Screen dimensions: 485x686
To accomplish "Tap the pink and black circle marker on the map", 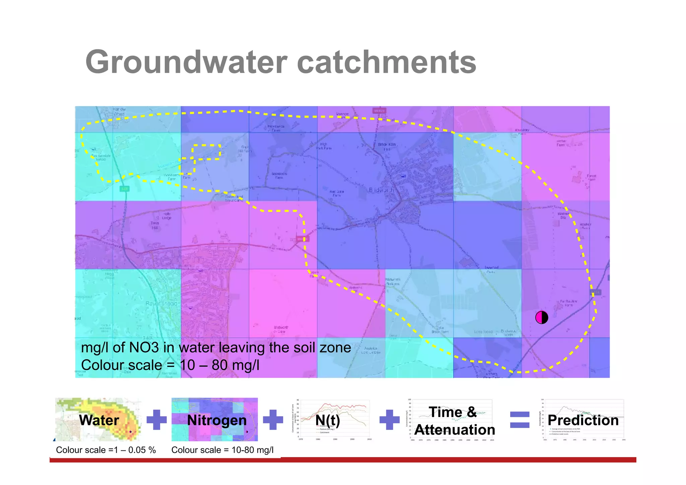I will (x=541, y=317).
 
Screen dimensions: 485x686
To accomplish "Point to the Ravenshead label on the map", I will (x=161, y=304).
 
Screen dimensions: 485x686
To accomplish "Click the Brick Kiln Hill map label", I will (x=387, y=146).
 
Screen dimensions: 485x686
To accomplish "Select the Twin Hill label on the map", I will (x=155, y=225).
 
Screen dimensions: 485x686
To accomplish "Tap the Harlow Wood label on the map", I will (x=119, y=112).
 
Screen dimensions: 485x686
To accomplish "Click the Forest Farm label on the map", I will (x=591, y=178).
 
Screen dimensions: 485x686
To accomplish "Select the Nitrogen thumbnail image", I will (x=215, y=420).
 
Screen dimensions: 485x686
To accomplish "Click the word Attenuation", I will (x=455, y=430).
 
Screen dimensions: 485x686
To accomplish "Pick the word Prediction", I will (x=583, y=420).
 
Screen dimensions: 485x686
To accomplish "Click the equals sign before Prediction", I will (x=520, y=420).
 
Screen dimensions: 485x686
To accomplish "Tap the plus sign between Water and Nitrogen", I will (x=157, y=420).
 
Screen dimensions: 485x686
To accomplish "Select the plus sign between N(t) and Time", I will (x=389, y=420).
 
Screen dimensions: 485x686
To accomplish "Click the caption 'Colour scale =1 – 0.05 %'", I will (x=106, y=450).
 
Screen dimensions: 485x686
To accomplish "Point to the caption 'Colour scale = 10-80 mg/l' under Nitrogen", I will (x=222, y=450).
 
